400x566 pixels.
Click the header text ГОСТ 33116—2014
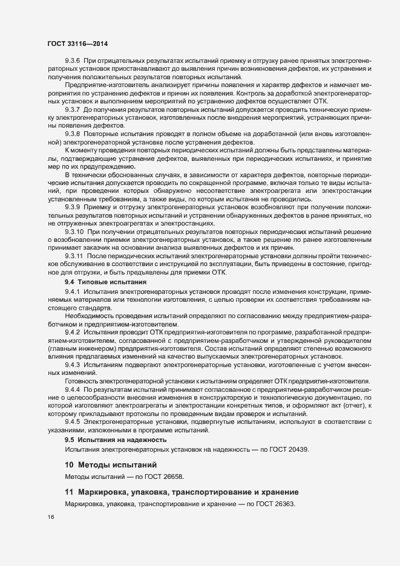(x=77, y=45)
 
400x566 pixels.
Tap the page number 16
(x=50, y=517)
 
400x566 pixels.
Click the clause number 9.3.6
(x=73, y=63)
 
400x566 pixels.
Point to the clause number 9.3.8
(x=73, y=132)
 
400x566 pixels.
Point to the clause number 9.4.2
(x=73, y=332)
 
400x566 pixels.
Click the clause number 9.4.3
(x=73, y=365)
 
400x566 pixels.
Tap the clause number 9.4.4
(x=73, y=390)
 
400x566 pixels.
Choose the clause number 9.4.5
(x=73, y=420)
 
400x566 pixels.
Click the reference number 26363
(x=283, y=503)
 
